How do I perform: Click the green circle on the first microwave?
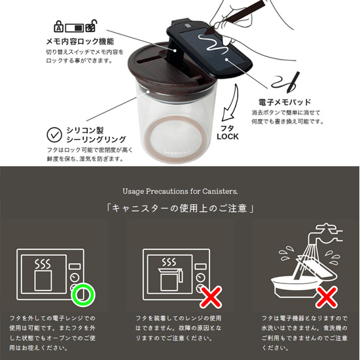point(83,295)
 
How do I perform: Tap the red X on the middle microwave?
point(210,297)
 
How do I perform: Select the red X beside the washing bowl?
point(326,297)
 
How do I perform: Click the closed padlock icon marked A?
point(58,26)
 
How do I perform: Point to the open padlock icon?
point(92,26)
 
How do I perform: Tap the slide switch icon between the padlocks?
point(74,28)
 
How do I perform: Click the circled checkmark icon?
point(54,135)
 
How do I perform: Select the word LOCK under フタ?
point(228,137)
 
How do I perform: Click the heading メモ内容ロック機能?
point(80,41)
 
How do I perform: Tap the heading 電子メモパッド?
point(285,102)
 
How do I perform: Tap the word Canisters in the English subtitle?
point(220,191)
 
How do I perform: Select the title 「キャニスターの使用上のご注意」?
point(180,208)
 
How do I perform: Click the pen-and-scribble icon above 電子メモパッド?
point(286,81)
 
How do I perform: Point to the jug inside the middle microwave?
point(170,279)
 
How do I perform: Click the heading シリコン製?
point(85,130)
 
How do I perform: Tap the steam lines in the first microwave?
point(43,264)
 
